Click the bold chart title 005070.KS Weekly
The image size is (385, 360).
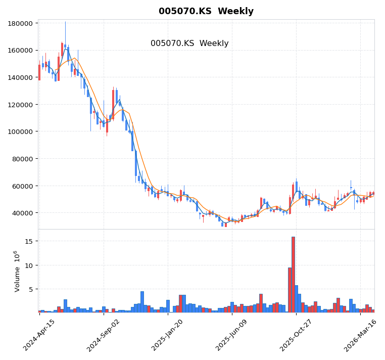206,11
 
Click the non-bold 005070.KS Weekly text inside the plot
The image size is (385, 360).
189,43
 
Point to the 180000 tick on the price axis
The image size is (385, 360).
21,23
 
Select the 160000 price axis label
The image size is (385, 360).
21,51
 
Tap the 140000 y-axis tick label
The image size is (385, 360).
21,77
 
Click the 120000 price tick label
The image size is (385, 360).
21,105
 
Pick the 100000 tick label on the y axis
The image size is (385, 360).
21,131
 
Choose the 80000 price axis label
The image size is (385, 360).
23,159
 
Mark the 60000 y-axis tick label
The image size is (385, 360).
23,186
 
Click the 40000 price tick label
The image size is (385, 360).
23,213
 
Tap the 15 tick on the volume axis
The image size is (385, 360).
29,241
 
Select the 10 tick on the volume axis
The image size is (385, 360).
29,265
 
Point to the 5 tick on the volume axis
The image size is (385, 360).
31,290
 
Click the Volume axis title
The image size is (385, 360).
17,271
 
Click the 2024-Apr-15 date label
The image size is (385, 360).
39,336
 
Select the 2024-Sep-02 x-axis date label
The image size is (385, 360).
104,336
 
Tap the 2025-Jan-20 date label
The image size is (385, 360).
168,336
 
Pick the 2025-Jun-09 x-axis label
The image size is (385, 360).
232,336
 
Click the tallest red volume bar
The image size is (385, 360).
293,275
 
